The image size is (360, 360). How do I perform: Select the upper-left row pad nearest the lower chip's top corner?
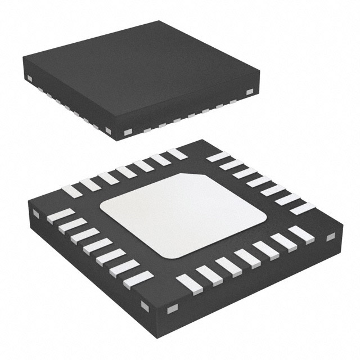point(177,154)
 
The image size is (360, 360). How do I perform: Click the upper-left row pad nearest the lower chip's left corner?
point(72,191)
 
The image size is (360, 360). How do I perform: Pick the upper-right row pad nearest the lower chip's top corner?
point(218,157)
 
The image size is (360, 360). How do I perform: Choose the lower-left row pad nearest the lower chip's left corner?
point(60,215)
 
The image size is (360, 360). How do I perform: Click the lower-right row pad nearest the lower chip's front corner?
point(189,285)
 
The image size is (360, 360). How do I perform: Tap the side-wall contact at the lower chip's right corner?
point(331,236)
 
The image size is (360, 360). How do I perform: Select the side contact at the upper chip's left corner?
point(28,78)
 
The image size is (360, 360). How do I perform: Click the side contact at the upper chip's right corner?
point(249,92)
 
